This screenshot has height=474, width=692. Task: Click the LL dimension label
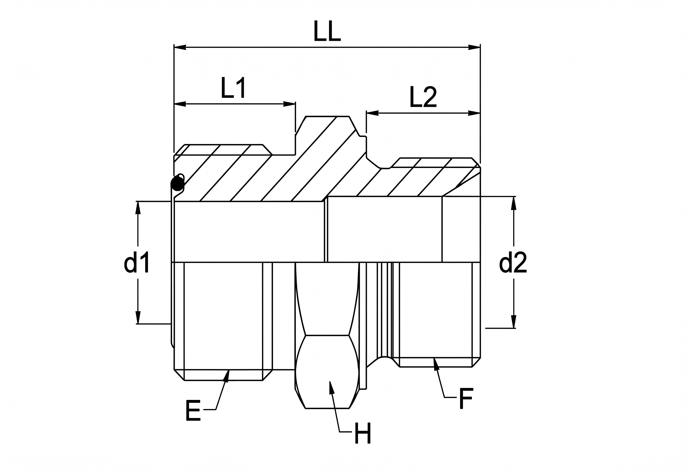click(327, 31)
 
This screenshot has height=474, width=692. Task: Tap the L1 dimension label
click(234, 88)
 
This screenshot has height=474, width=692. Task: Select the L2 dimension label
click(423, 97)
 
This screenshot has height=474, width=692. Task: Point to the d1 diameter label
click(137, 262)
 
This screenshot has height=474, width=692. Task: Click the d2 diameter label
click(513, 262)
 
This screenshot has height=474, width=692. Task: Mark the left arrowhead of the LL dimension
click(180, 47)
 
